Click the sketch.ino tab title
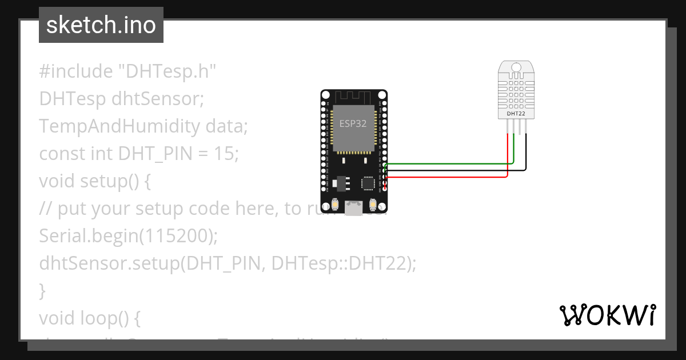point(101,25)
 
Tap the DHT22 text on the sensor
point(516,114)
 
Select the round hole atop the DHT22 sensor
point(516,68)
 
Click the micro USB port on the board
point(354,208)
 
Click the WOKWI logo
point(607,315)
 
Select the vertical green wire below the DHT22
point(514,149)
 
